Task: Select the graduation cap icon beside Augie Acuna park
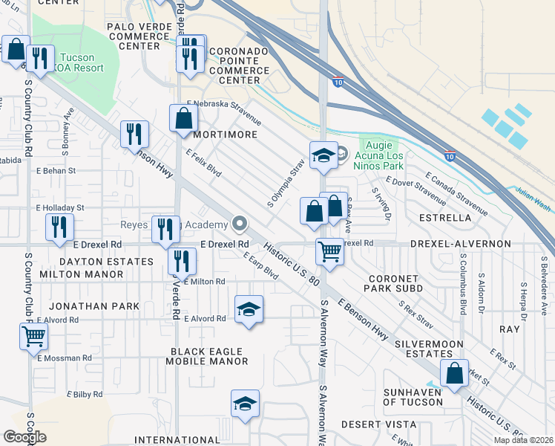pos(324,155)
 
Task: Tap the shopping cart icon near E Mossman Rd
pos(33,337)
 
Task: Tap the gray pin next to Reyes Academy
pos(239,224)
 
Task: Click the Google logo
pos(24,436)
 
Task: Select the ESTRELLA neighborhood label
pos(445,219)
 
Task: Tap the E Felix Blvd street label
pos(204,158)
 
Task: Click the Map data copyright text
pos(523,439)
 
